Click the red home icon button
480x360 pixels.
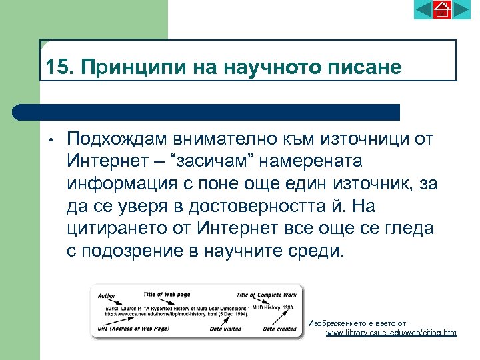442,9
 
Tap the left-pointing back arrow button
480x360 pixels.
423,9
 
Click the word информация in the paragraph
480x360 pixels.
121,184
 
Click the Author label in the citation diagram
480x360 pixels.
107,295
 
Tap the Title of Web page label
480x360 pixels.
167,293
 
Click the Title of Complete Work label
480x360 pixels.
266,294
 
